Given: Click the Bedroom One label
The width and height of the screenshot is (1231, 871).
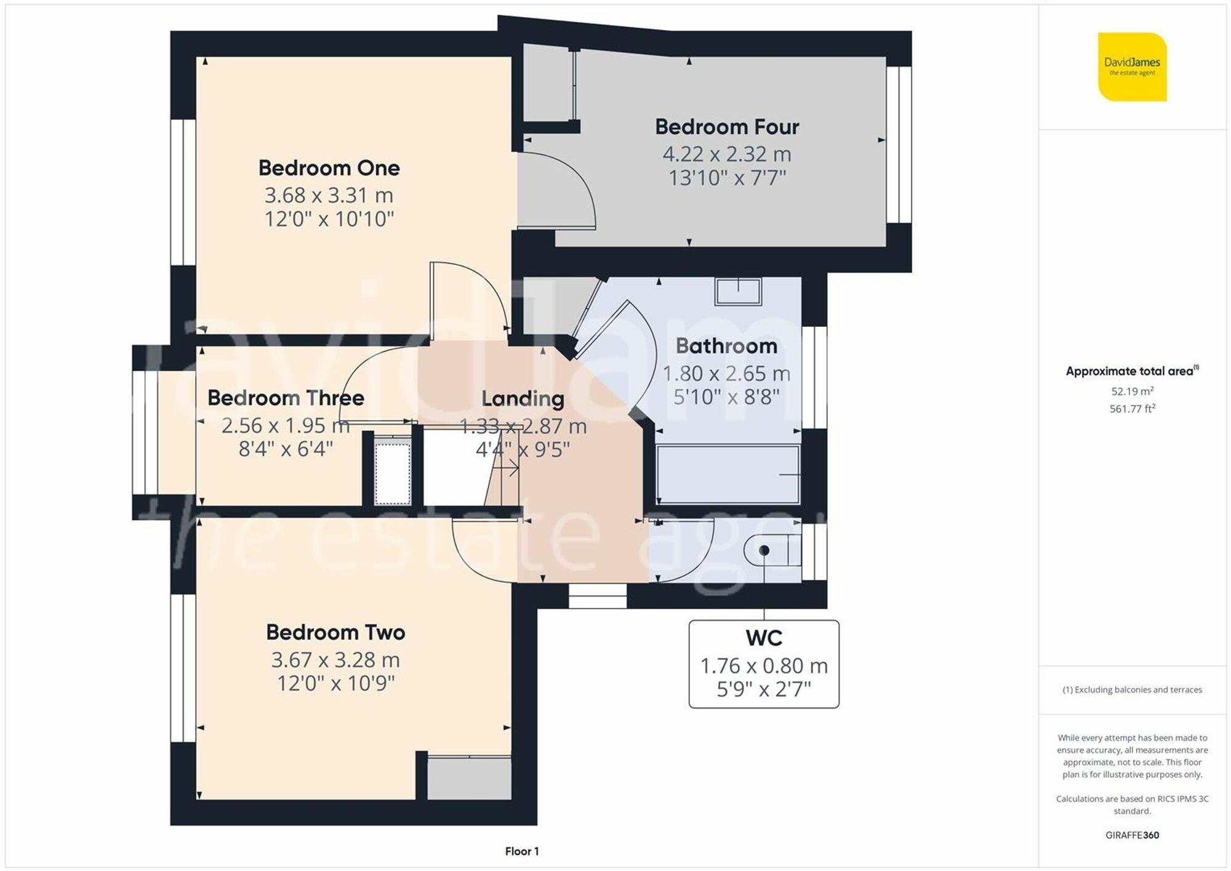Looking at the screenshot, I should click(329, 168).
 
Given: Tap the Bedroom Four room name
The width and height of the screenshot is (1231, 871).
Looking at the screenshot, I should click(726, 127).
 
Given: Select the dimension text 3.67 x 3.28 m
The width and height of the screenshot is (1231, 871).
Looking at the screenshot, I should click(335, 660).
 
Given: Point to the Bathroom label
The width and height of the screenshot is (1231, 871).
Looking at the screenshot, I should click(726, 346).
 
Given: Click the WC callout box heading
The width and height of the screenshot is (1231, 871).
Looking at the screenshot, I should click(763, 638).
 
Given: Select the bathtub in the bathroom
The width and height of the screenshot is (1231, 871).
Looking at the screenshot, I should click(728, 475).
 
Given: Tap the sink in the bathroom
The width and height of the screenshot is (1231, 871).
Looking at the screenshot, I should click(738, 291).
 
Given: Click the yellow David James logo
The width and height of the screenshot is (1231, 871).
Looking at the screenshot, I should click(1132, 66).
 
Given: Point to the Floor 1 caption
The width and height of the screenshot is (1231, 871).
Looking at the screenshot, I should click(521, 851).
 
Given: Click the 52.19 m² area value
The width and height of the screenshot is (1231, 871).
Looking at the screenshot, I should click(1132, 391).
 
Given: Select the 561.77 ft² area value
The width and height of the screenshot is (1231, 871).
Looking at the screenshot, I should click(1132, 409).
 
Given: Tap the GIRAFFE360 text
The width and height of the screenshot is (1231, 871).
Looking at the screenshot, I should click(1132, 835).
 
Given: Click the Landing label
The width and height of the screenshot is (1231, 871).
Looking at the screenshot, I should click(523, 399).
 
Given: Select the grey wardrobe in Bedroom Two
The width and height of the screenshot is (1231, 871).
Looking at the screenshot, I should click(470, 778).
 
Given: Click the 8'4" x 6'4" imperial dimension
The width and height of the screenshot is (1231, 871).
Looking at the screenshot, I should click(286, 449).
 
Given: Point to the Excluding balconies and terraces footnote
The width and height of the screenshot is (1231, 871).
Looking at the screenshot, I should click(1132, 690).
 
